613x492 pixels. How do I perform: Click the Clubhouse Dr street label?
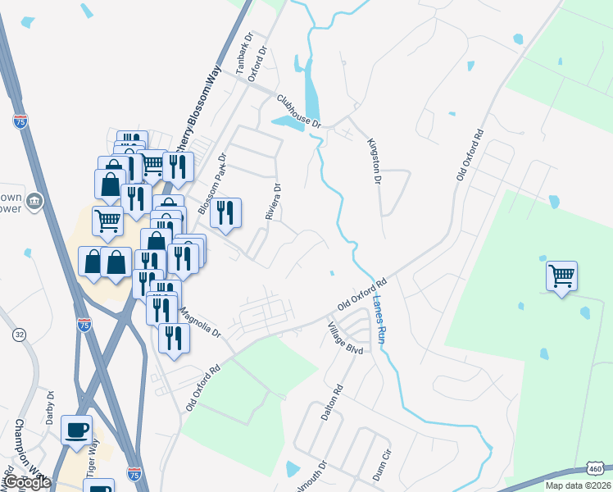coord(299,111)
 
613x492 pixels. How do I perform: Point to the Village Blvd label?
coord(345,339)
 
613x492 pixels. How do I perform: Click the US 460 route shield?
coord(597,466)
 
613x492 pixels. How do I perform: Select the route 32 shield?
coord(19,335)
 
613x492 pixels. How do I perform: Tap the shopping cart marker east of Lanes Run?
coord(561,276)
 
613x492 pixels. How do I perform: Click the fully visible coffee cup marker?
coord(76,430)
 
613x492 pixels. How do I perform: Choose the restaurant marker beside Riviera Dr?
coord(225,212)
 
